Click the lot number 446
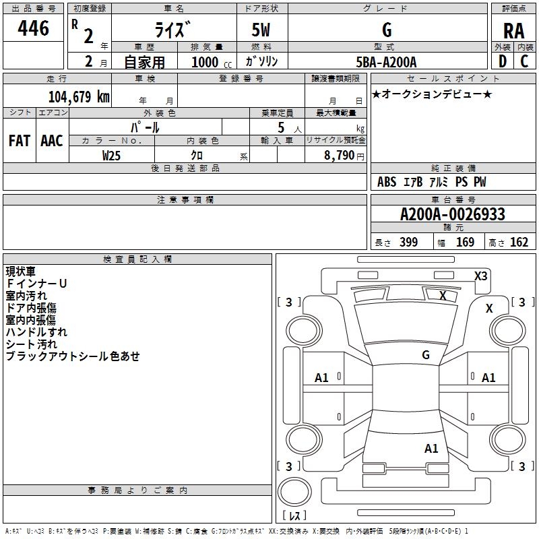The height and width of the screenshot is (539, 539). coord(34,28)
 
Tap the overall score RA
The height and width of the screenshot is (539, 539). coord(513,31)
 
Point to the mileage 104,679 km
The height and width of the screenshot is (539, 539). coord(79,96)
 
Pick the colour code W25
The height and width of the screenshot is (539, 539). coord(112,155)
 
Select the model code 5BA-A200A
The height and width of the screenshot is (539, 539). coord(386,62)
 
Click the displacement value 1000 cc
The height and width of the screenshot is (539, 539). coord(208,62)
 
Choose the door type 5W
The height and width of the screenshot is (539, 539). coord(261,30)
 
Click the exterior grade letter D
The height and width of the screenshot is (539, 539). coord(502,61)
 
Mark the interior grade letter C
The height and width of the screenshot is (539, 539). coord(524,61)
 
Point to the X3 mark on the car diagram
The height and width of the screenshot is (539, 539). coord(481,276)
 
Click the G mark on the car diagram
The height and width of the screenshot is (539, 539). coord(426,354)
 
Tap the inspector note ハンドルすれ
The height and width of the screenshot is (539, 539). coord(36,332)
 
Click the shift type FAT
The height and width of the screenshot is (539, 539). coord(19,141)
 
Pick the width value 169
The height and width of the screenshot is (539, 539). coord(465,243)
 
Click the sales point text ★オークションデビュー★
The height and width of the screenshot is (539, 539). coord(432,94)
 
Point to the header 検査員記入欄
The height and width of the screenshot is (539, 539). coord(137,259)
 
